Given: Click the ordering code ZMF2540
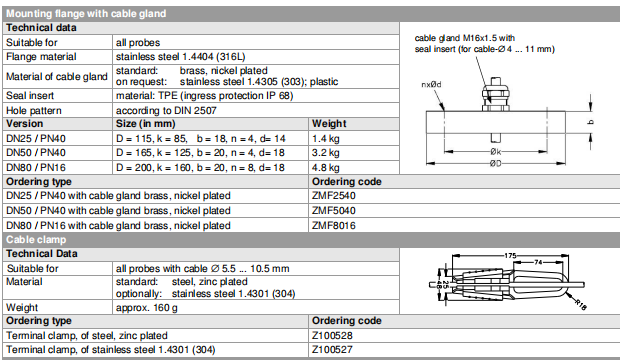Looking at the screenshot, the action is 334,195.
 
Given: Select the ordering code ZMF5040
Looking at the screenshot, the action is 334,210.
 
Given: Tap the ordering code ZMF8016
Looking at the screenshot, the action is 334,225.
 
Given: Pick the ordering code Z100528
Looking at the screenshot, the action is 332,335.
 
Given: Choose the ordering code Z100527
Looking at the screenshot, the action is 332,350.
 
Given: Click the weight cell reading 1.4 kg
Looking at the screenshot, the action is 326,139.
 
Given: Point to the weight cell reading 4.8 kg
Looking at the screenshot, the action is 326,168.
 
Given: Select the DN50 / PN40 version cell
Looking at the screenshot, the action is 36,153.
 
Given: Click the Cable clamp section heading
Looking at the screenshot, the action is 36,240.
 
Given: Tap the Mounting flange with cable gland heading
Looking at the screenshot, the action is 86,14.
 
